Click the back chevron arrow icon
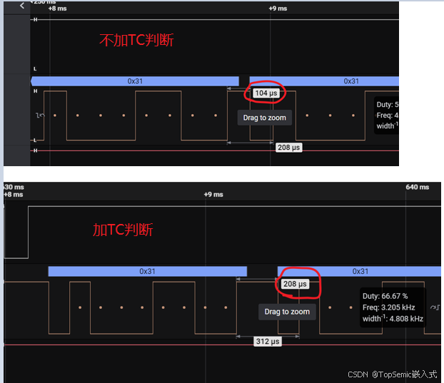point(22,5)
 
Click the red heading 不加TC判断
point(136,40)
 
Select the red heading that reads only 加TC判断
point(123,230)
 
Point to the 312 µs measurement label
point(268,342)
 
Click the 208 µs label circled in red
point(295,284)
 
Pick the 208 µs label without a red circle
point(288,147)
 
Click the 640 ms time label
point(417,187)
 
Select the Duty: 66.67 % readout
point(385,295)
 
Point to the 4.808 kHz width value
point(406,319)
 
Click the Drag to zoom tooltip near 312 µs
point(287,312)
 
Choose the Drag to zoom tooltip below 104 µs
point(264,118)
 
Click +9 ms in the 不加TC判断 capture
point(278,9)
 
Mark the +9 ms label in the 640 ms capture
point(213,194)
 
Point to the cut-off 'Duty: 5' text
point(385,104)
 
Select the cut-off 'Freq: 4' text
point(386,115)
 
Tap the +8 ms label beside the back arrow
point(56,9)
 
